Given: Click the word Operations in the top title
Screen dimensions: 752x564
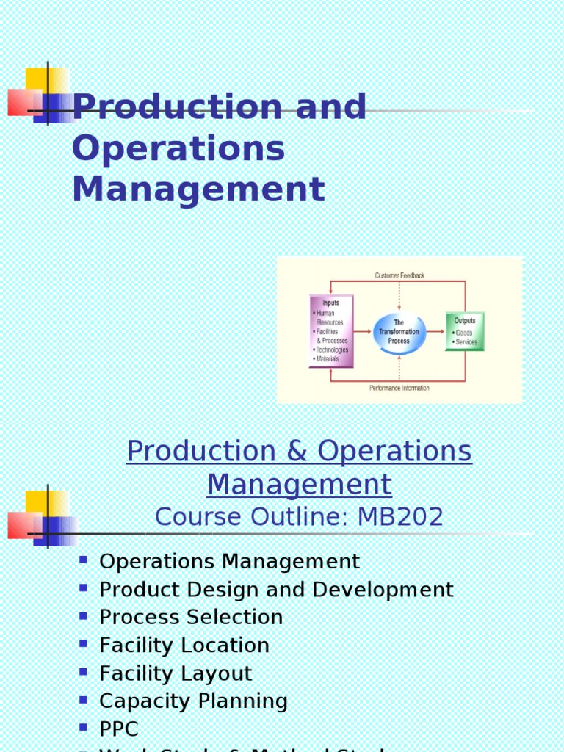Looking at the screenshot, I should (x=178, y=149).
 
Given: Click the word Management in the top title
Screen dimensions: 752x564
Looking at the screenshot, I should (x=198, y=189).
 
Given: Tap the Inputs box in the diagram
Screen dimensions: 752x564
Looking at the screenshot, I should (x=331, y=330).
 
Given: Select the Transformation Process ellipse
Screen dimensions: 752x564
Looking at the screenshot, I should (x=399, y=332).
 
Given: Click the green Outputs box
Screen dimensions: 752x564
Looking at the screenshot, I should (x=464, y=331).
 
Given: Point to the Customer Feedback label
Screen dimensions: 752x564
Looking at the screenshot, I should (x=399, y=275).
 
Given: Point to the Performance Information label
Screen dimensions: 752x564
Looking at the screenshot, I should (x=399, y=388).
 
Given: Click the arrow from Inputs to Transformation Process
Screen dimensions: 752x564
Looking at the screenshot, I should (x=363, y=332).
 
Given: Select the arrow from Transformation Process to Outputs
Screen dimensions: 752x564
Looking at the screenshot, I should (x=435, y=332).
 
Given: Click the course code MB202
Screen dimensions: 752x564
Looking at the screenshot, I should (x=400, y=517).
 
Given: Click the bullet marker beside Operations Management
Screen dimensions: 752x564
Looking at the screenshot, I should (x=83, y=560).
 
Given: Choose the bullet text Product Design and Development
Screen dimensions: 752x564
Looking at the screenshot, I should (x=276, y=590).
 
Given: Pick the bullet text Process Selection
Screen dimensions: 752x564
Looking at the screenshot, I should (x=191, y=618).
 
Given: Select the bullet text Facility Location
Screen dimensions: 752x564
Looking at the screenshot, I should (x=184, y=646).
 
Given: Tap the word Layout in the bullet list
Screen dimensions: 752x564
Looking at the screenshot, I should (x=217, y=673).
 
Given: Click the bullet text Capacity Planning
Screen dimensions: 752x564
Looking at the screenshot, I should (x=193, y=701).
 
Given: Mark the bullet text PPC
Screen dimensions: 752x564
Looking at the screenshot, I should (x=119, y=729).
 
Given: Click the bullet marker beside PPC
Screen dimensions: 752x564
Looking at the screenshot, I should (x=83, y=728).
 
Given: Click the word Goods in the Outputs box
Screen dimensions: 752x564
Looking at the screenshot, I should (x=464, y=333).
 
